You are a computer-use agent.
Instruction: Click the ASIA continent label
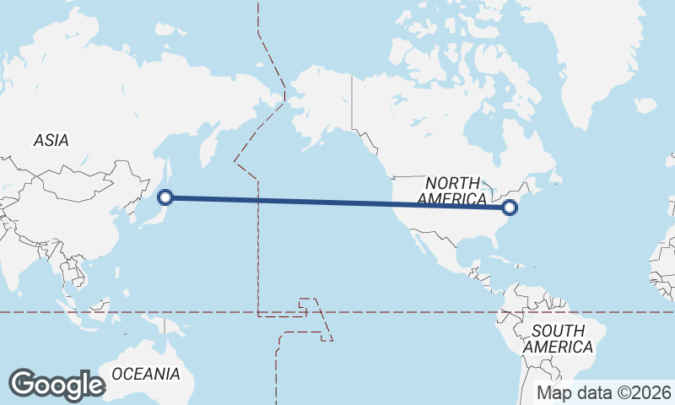click(51, 141)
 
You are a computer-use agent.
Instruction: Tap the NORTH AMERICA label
click(452, 191)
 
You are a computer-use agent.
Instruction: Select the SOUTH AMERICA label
click(558, 338)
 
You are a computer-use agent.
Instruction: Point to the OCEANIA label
click(146, 373)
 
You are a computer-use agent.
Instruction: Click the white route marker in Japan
click(166, 197)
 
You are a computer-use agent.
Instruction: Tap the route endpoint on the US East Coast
click(509, 207)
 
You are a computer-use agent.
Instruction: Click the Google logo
click(57, 385)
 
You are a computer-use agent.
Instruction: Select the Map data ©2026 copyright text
click(604, 392)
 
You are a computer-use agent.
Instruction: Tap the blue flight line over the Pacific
click(337, 202)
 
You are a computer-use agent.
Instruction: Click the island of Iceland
click(645, 105)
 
